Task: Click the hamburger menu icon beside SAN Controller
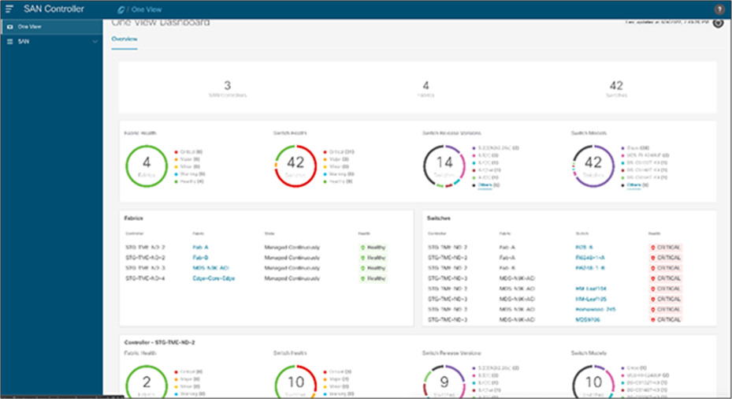(9, 9)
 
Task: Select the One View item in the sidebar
(29, 27)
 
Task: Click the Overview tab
(124, 39)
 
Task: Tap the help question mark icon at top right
(719, 9)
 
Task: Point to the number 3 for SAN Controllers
(227, 84)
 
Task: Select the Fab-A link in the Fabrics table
(199, 247)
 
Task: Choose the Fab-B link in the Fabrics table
(199, 257)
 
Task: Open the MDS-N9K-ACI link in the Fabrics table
(209, 267)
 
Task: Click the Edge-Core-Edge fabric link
(214, 278)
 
